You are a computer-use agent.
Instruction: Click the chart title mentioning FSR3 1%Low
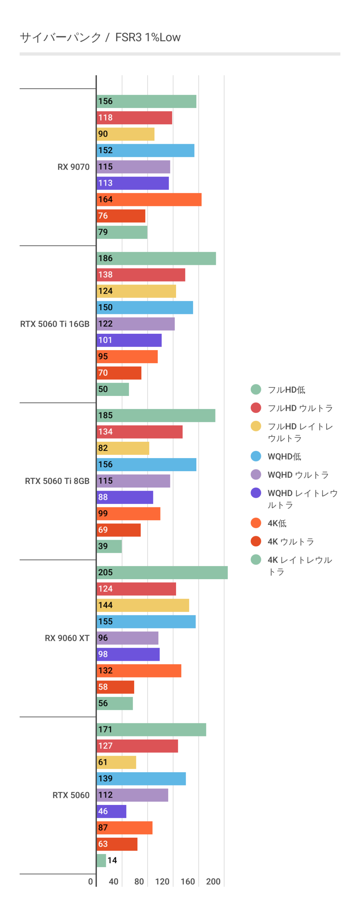100,37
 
